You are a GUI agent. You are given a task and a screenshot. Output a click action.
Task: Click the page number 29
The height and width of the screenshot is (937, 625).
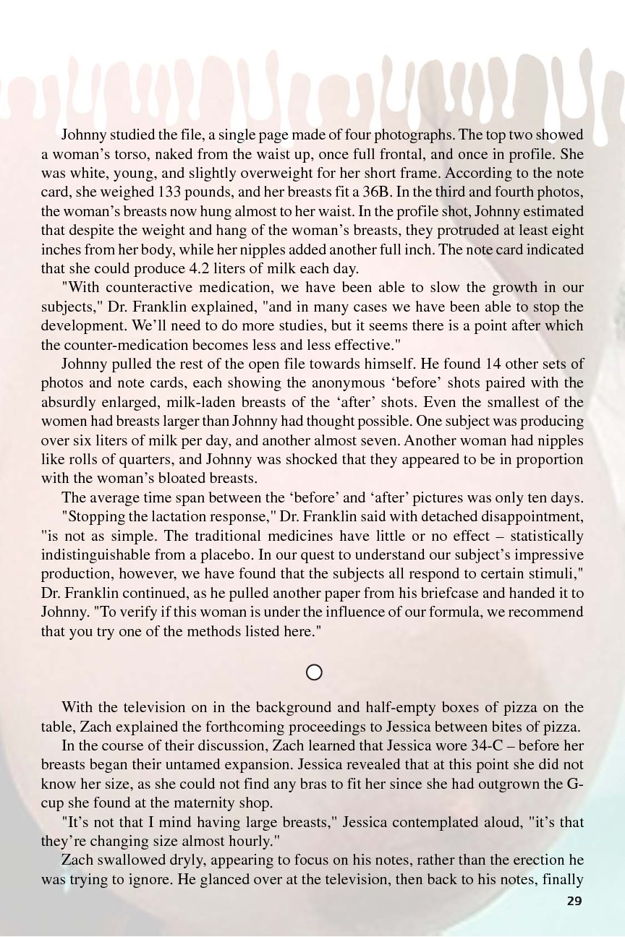click(x=574, y=901)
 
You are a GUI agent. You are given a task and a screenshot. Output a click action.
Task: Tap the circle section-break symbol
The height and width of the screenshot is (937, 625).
click(x=314, y=672)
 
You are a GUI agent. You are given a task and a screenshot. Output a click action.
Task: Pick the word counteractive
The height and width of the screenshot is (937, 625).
click(x=144, y=288)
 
